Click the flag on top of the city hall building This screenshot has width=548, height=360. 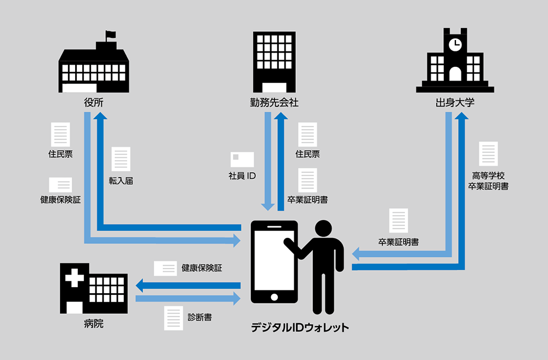[x=111, y=35]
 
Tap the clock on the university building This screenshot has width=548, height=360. [x=455, y=43]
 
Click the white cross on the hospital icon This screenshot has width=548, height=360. [x=74, y=279]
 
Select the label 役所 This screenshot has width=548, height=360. [x=94, y=102]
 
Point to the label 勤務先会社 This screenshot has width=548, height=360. [x=274, y=102]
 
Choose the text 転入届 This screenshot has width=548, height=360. [x=121, y=180]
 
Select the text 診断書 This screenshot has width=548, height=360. [x=201, y=317]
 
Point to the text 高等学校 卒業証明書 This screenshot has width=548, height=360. [x=488, y=181]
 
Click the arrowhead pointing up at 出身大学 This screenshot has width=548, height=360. [x=462, y=116]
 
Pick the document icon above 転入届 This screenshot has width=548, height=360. [x=121, y=159]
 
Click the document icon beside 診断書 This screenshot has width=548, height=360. [x=173, y=317]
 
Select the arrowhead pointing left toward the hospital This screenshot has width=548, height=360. [x=140, y=285]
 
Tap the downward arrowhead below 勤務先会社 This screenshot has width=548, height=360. [x=268, y=206]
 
